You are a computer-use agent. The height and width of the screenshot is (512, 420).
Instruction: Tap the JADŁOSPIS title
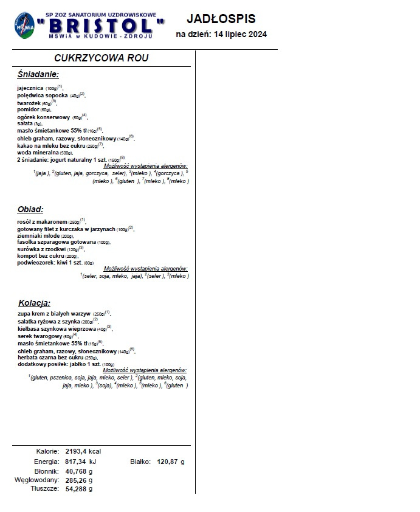coord(221,19)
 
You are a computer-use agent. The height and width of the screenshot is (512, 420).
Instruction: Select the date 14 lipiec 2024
coord(240,35)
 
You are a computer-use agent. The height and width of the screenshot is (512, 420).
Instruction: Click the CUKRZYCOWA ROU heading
coord(101,58)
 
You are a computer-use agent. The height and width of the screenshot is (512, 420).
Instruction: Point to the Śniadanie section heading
coord(38,74)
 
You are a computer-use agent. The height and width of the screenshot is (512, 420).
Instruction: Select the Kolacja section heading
coord(34,302)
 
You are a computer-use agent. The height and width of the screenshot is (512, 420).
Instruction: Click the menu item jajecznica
coord(30,88)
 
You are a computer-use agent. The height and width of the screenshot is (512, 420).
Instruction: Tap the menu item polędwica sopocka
coord(43,95)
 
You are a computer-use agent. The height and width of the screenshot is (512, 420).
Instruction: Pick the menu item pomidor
coord(28,109)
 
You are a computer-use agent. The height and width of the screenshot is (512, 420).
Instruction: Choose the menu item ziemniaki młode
coord(38,235)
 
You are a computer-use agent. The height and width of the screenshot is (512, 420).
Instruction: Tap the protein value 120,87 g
coord(171,462)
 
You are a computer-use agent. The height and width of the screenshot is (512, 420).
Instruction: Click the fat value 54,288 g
coord(79,489)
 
